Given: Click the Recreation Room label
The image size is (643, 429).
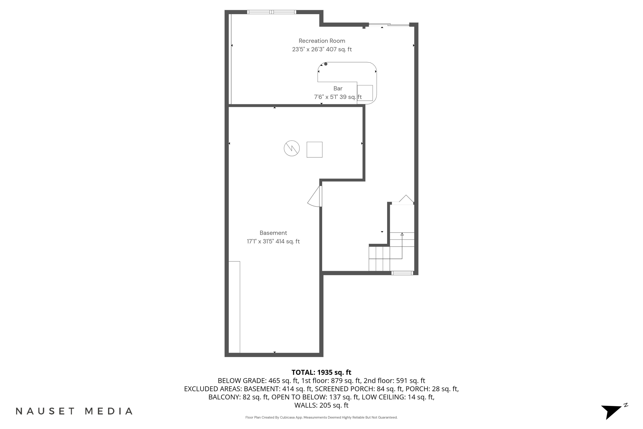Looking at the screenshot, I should (322, 41).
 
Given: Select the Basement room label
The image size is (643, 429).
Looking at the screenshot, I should (273, 233).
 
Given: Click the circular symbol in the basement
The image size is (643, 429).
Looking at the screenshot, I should (292, 148).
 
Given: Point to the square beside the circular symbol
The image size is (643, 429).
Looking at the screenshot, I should (314, 150).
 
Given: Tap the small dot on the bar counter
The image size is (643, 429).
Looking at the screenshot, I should (326, 64).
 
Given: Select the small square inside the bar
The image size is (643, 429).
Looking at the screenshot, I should (365, 93).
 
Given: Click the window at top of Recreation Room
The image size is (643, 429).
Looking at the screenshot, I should (272, 12).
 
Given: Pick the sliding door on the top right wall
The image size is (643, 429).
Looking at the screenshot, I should (389, 25).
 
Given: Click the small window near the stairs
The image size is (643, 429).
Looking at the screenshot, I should (402, 273).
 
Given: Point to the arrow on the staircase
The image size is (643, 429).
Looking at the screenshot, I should (402, 235).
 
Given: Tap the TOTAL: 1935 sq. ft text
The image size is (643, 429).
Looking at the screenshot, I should (321, 372).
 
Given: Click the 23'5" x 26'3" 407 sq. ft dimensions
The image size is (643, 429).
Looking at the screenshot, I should (322, 50).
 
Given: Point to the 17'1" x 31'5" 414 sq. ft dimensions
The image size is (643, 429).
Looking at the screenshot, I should (273, 242).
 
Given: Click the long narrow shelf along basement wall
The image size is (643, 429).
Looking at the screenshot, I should (234, 307).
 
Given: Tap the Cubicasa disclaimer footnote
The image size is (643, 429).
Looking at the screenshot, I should (321, 417).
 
